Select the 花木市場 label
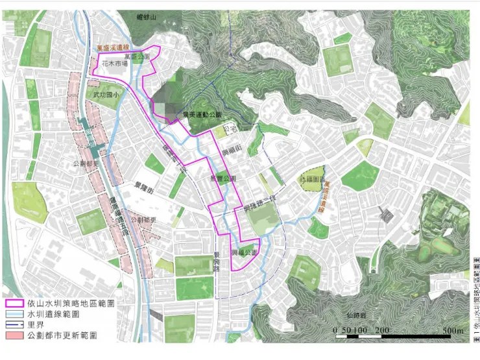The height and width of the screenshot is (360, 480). (114, 64)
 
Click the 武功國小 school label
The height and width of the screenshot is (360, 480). (105, 95)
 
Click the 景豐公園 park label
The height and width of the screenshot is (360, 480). (223, 178)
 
